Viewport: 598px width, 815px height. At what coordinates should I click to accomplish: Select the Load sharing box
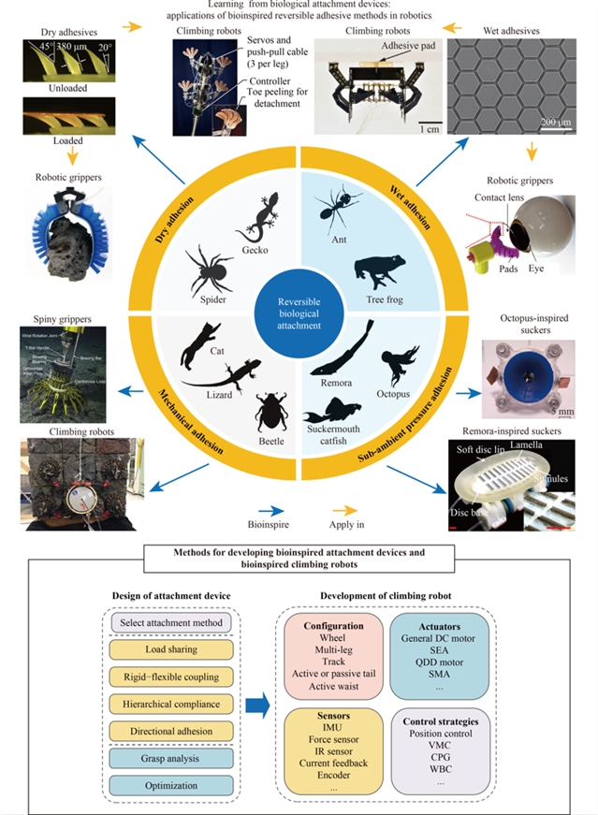coord(170,649)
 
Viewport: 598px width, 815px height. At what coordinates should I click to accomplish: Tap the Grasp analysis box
coord(170,757)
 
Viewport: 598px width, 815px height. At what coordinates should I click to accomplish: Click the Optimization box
coord(170,784)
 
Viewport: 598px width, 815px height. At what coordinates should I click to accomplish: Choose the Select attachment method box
coord(170,622)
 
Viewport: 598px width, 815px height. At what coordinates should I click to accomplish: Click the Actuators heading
coord(443,624)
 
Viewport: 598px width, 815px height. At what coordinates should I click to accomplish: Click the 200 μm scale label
coord(557,123)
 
